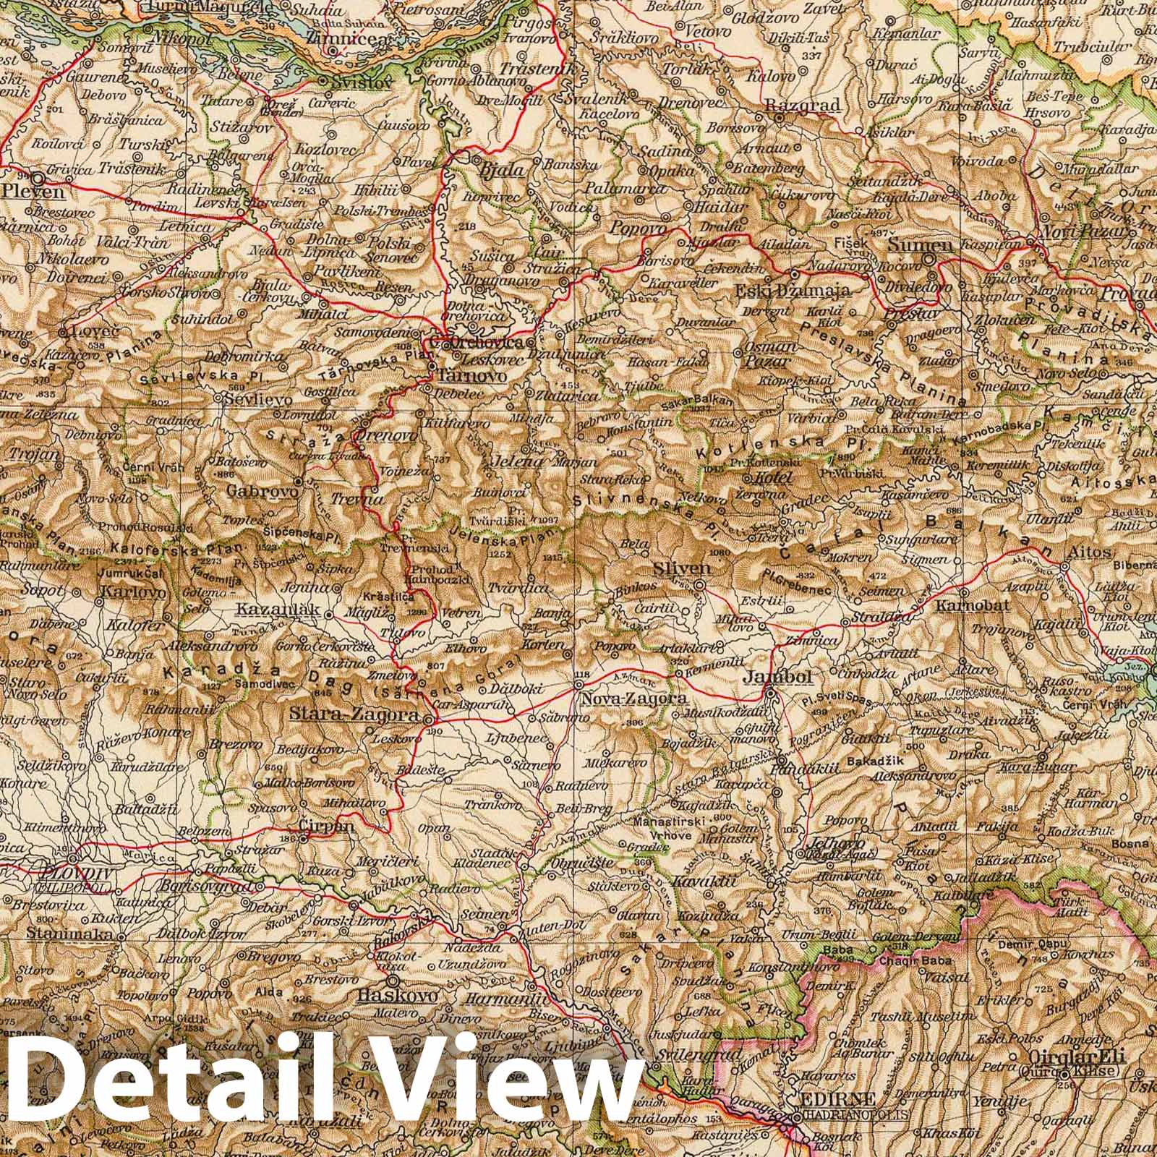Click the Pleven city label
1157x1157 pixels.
click(x=33, y=192)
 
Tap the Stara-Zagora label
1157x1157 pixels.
click(x=354, y=714)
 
